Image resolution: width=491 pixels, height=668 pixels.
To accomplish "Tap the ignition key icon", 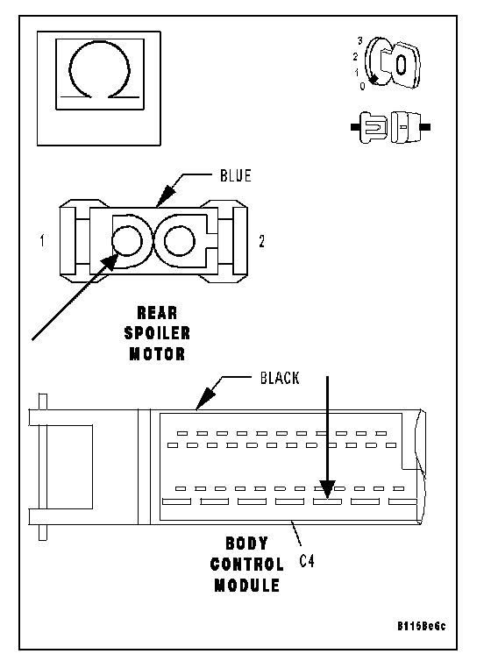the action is [394, 63].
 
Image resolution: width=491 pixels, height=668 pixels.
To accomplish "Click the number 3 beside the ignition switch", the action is [360, 41].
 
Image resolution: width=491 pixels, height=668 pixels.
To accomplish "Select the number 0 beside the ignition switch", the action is [362, 86].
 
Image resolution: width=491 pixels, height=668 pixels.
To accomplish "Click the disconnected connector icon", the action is [390, 127].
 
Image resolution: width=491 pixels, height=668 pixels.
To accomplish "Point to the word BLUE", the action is [236, 175].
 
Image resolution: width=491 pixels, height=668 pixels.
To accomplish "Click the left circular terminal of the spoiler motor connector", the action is [126, 241].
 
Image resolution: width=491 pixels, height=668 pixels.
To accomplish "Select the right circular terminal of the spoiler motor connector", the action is [180, 241].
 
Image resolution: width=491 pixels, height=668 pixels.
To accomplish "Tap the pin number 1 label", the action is [42, 241].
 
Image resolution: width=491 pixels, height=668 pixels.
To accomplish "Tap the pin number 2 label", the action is [261, 242].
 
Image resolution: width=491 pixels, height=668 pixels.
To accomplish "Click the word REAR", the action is [157, 313].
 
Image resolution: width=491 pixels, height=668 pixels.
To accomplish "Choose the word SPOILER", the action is [157, 333].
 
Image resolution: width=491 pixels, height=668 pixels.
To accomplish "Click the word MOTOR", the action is [157, 353].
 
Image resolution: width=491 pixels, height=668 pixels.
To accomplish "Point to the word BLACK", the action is [280, 378].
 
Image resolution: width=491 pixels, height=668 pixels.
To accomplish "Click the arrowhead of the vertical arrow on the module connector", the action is [327, 489].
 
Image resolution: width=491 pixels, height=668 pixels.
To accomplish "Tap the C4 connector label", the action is [307, 561].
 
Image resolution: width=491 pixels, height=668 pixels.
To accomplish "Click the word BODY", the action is [246, 544].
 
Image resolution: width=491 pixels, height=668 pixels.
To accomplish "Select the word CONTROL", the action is [246, 564].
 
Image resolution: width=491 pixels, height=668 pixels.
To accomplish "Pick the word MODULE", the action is [246, 585].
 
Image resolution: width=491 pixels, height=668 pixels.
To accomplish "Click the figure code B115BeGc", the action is [422, 626].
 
